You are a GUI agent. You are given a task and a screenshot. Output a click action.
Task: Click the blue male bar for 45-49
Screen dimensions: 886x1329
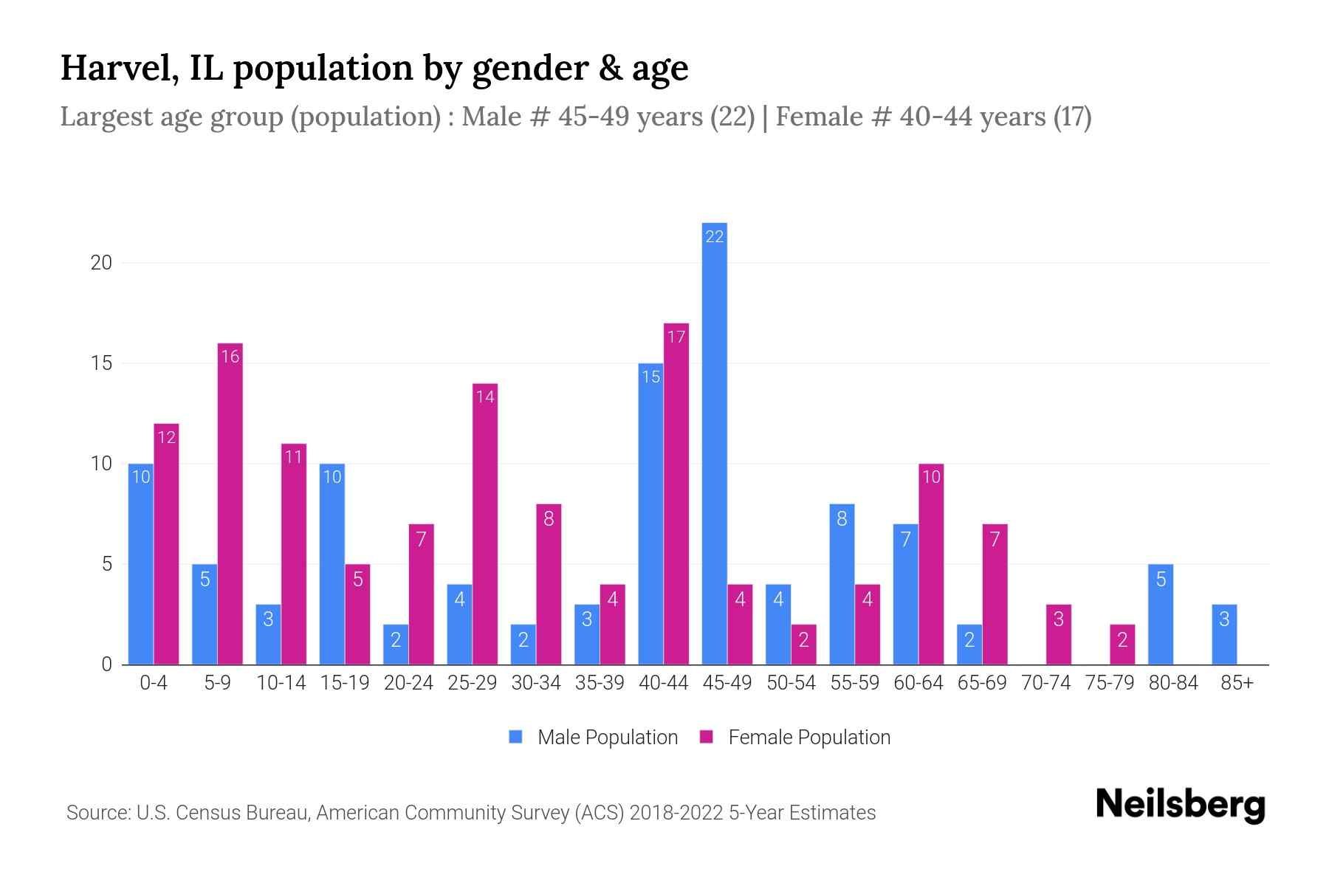[714, 443]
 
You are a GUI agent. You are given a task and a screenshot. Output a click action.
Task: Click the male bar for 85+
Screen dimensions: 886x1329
[1224, 634]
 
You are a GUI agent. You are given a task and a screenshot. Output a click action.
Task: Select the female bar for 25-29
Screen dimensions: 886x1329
[485, 523]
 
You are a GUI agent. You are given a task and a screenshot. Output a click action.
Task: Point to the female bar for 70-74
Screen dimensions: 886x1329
[1058, 634]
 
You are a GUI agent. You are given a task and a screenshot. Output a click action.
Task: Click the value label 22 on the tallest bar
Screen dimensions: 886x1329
[714, 236]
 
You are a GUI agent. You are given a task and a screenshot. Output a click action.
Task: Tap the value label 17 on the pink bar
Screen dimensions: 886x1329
[676, 337]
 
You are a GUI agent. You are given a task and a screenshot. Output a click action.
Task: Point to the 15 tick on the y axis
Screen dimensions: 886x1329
[101, 363]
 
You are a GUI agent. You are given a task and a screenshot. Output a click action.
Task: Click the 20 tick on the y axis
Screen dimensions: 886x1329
[101, 263]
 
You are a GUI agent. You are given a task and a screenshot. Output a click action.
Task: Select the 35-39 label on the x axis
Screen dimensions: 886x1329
[600, 683]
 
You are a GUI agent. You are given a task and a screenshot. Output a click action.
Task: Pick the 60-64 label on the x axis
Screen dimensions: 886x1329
[918, 683]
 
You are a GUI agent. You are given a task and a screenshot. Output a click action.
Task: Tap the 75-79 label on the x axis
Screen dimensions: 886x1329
[1110, 683]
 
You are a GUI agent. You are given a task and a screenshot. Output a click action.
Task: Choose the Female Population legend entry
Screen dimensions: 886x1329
[795, 737]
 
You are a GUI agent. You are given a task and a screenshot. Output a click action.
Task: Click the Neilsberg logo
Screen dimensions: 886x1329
[1180, 805]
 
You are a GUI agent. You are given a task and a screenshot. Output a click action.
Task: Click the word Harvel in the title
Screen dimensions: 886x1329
[118, 68]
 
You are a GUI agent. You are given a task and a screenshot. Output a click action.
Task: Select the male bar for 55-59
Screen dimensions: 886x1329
[842, 584]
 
